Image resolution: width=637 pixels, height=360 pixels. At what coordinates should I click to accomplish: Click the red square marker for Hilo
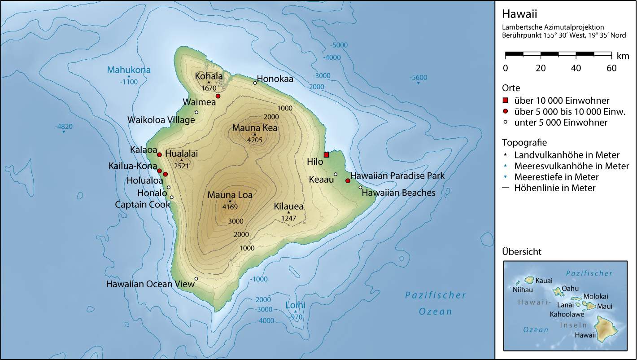326,155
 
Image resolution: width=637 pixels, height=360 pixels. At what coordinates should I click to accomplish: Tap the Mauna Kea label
254,128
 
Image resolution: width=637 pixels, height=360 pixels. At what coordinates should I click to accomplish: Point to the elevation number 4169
230,207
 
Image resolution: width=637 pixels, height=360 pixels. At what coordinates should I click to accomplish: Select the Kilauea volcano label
289,206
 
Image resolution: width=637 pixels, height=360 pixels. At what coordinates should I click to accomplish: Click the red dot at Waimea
218,96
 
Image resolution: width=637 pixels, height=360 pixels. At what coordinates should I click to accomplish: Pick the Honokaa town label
275,79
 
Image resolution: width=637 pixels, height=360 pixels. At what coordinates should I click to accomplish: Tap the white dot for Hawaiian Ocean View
196,279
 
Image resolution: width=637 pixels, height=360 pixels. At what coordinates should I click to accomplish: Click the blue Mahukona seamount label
128,70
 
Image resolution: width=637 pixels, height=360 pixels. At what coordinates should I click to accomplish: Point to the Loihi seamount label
296,306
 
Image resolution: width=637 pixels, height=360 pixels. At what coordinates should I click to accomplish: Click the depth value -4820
64,127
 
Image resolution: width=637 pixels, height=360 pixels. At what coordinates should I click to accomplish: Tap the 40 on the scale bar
576,68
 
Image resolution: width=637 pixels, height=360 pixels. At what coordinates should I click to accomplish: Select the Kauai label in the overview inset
545,280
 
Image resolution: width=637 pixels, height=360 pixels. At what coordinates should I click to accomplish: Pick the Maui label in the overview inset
605,307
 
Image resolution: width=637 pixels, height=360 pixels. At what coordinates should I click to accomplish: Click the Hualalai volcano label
181,154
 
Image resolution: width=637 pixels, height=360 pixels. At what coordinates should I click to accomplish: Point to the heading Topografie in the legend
524,143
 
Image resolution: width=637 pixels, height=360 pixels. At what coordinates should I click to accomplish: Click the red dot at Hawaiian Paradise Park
348,181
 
